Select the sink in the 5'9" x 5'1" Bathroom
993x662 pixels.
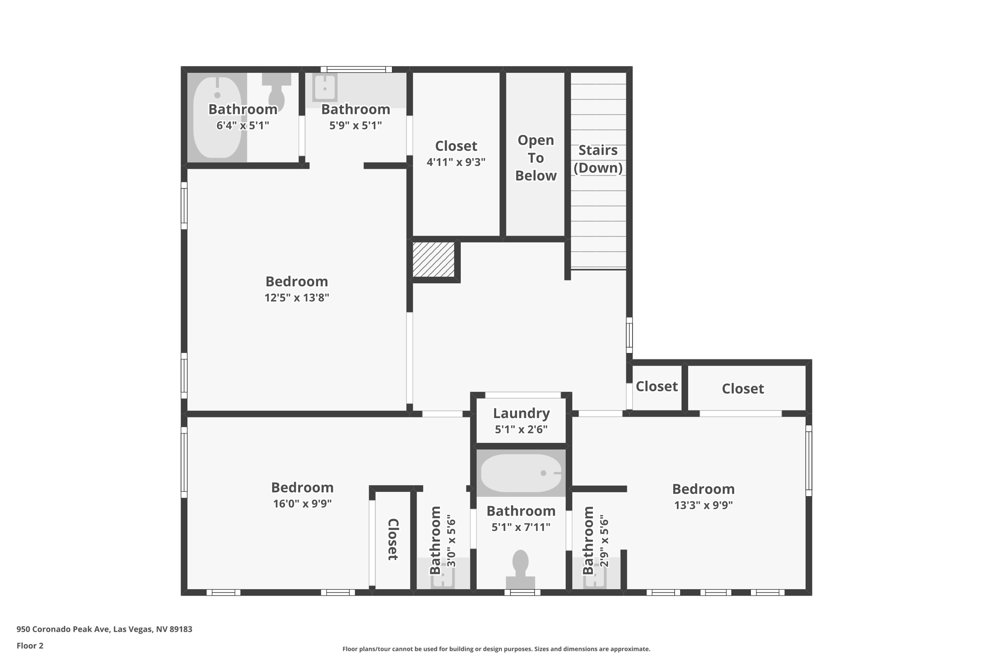pyautogui.click(x=324, y=87)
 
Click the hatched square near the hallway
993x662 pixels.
pyautogui.click(x=433, y=260)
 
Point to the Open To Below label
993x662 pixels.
pyautogui.click(x=535, y=158)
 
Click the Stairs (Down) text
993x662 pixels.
pyautogui.click(x=598, y=159)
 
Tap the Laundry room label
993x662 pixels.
pyautogui.click(x=521, y=413)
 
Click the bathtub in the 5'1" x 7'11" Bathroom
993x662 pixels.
pyautogui.click(x=521, y=473)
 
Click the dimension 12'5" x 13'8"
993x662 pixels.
pyautogui.click(x=297, y=297)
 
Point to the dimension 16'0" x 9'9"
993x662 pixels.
pyautogui.click(x=302, y=503)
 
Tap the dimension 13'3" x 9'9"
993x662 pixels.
pyautogui.click(x=703, y=505)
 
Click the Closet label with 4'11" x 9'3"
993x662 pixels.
pyautogui.click(x=456, y=146)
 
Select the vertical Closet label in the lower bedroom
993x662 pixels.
pyautogui.click(x=393, y=539)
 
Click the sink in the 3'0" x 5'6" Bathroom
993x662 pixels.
pyautogui.click(x=443, y=576)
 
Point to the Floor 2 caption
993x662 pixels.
pyautogui.click(x=30, y=646)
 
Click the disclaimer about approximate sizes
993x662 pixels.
pyautogui.click(x=496, y=649)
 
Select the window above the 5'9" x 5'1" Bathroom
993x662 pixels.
pyautogui.click(x=356, y=69)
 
